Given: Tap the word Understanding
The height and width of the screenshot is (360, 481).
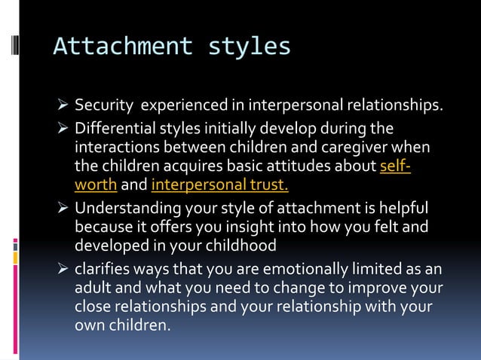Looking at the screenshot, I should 127,207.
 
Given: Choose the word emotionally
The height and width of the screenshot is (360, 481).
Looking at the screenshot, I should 293,268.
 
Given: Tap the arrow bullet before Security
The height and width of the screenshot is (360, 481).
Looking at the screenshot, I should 63,104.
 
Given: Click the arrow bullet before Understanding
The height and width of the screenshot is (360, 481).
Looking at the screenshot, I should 63,207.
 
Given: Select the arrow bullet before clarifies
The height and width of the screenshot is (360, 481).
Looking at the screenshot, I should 63,268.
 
